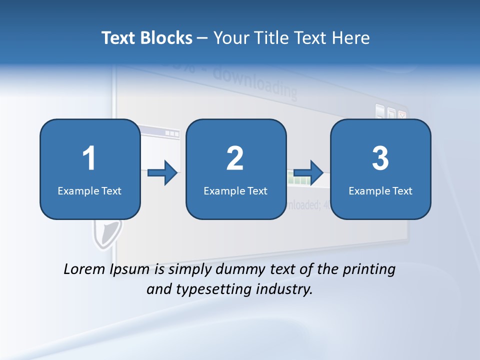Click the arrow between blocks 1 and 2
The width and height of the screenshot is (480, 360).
(163, 173)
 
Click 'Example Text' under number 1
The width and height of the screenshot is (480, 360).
(89, 190)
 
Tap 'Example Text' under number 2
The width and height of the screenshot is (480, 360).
(235, 190)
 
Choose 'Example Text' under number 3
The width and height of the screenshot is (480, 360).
(380, 190)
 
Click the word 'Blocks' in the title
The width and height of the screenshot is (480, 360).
(167, 38)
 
